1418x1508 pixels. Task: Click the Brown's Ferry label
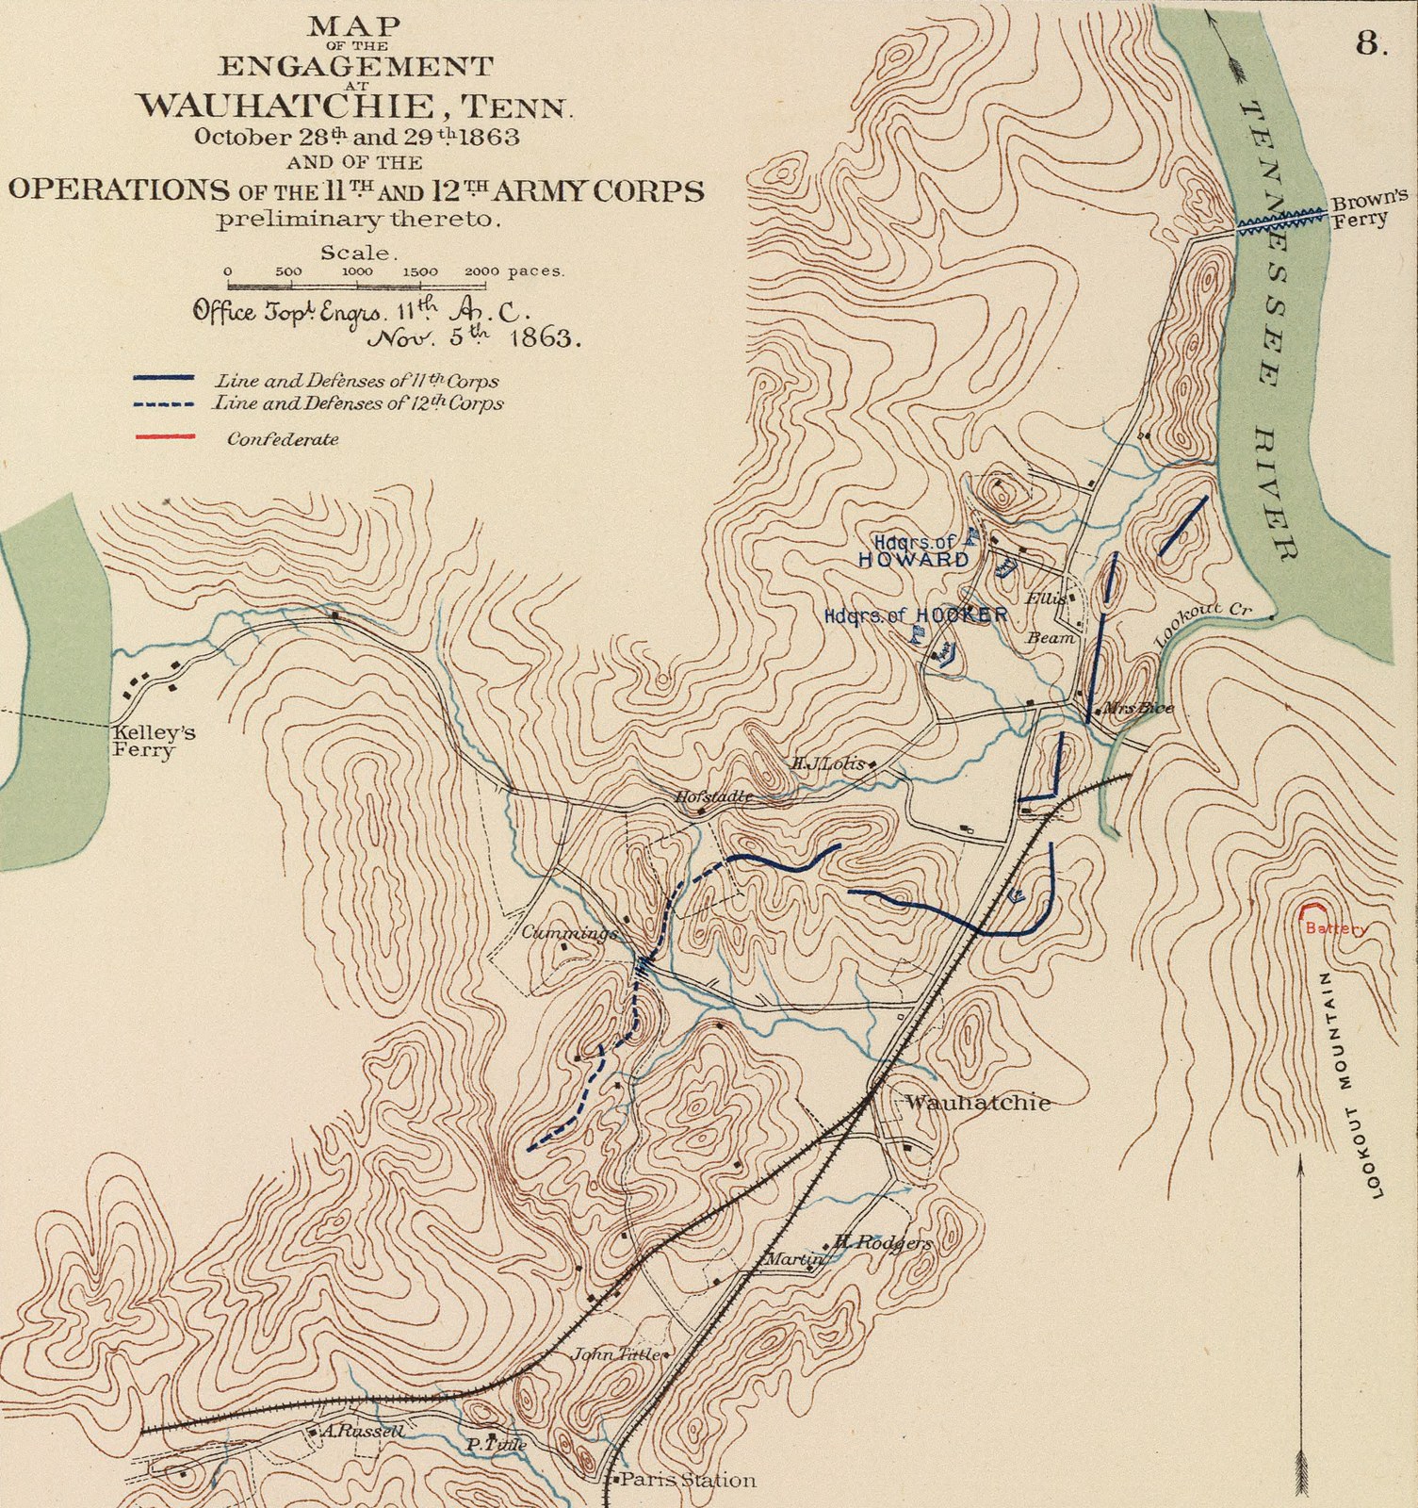coord(1367,208)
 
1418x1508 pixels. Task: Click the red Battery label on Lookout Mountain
coord(1335,928)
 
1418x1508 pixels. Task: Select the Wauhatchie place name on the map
coord(977,1103)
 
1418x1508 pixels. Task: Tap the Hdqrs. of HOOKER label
coord(915,615)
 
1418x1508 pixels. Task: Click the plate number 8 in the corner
coord(1371,45)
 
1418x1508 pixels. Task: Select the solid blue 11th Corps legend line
coord(164,378)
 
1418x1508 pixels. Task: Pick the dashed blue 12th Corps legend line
coord(164,404)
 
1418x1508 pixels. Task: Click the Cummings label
coord(569,933)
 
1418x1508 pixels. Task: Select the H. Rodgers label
coord(883,1243)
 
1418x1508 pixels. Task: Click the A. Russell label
coord(362,1431)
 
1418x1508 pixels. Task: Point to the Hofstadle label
coord(713,796)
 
